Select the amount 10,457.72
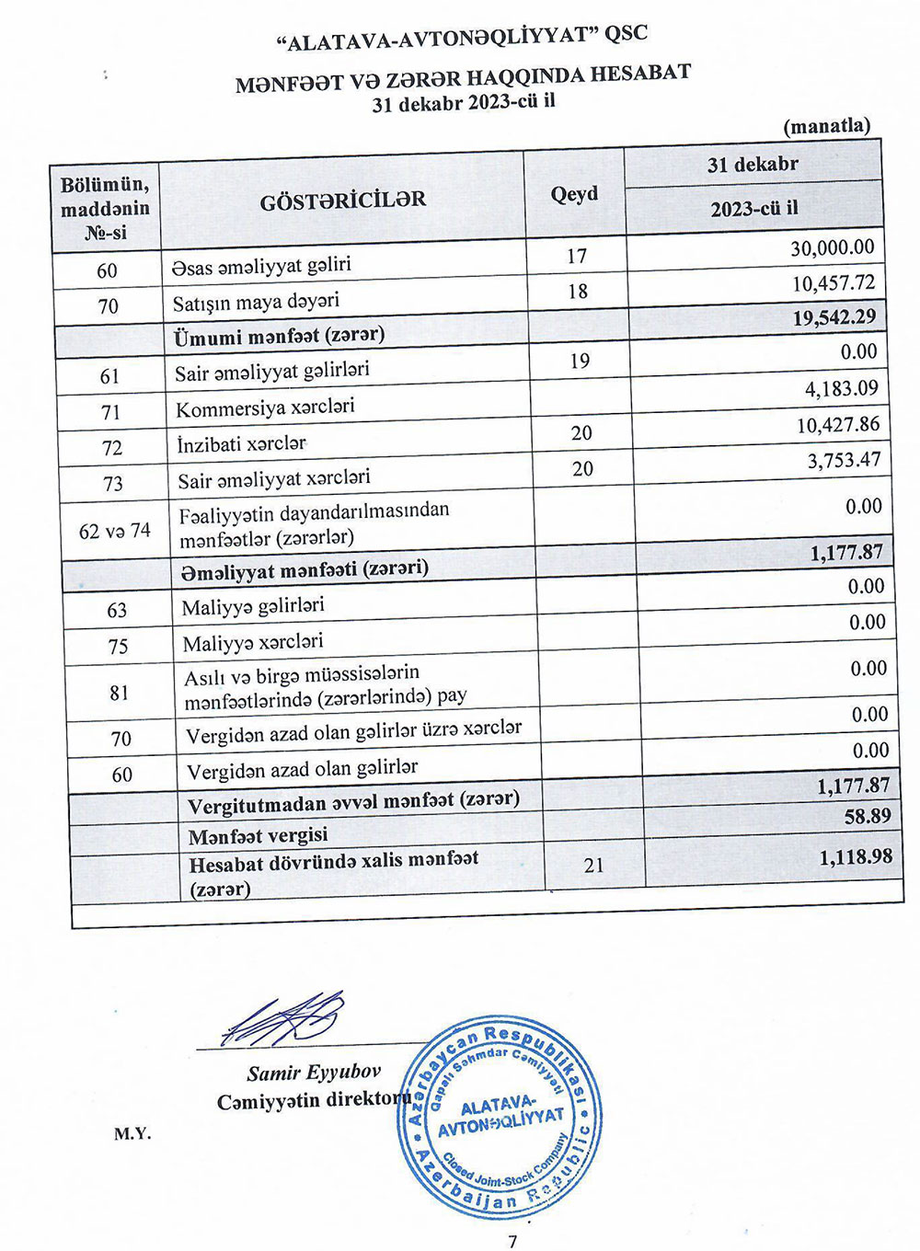coord(833,283)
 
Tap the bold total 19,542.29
coord(834,318)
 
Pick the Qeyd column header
coord(574,194)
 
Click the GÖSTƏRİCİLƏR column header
coord(342,201)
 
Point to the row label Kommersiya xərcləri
coord(265,407)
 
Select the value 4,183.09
coord(841,389)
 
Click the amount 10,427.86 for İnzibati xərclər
coord(837,425)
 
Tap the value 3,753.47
coord(844,460)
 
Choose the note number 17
coord(577,256)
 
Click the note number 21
coord(593,866)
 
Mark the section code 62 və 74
coord(114,531)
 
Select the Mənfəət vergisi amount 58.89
coord(868,817)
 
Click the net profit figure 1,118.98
coord(855,857)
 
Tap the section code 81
coord(120,693)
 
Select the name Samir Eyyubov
coord(313,1073)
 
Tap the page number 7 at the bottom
coord(512,1241)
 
